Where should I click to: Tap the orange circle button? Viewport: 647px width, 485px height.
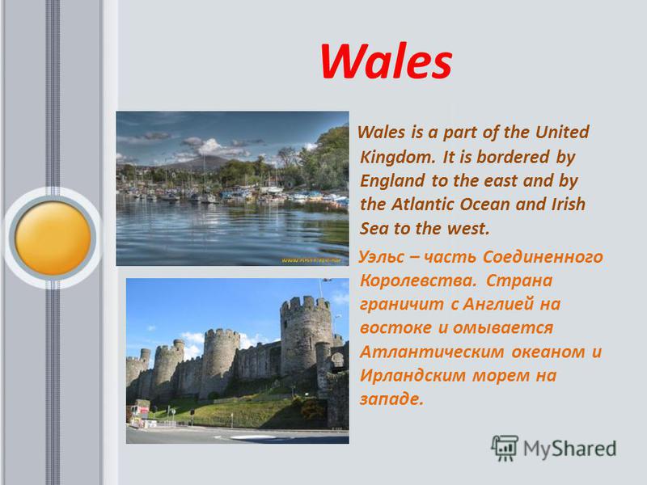pyautogui.click(x=53, y=238)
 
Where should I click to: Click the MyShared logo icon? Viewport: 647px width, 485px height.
pyautogui.click(x=504, y=448)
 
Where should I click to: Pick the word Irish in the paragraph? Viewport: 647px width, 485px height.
pyautogui.click(x=569, y=205)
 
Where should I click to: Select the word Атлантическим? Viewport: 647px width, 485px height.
pyautogui.click(x=432, y=352)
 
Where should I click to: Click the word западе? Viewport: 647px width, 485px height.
pyautogui.click(x=391, y=399)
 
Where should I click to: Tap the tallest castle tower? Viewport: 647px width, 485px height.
pyautogui.click(x=306, y=334)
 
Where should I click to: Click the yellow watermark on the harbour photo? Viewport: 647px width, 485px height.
pyautogui.click(x=311, y=260)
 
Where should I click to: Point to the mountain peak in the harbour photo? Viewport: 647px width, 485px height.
pyautogui.click(x=205, y=157)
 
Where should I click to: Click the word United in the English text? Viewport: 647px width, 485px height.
pyautogui.click(x=562, y=133)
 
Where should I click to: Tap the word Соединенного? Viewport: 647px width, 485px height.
pyautogui.click(x=543, y=257)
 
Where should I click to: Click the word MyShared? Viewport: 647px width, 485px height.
pyautogui.click(x=570, y=449)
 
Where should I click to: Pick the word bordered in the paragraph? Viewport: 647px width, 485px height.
pyautogui.click(x=513, y=157)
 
